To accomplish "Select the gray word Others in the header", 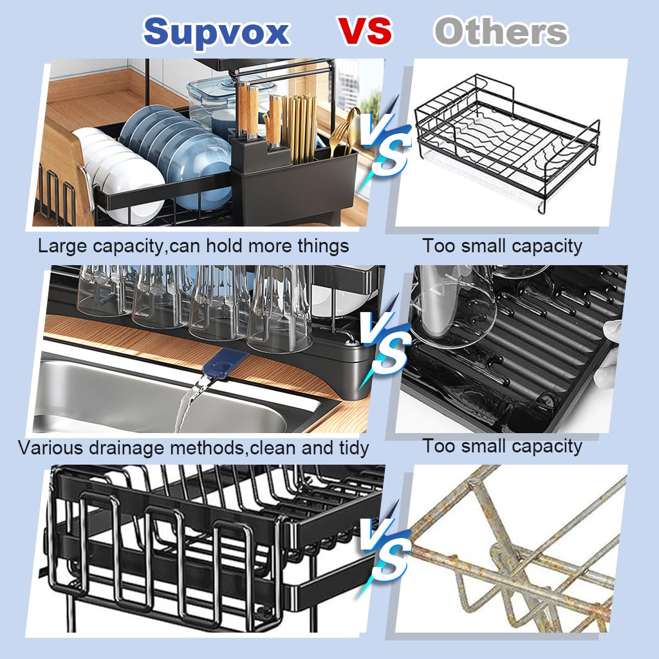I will (501, 32).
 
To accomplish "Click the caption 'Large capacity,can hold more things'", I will (193, 246).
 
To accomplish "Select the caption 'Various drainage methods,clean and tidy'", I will (193, 447).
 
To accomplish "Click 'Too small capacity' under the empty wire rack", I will (502, 246).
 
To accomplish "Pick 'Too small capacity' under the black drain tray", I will (502, 446).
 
